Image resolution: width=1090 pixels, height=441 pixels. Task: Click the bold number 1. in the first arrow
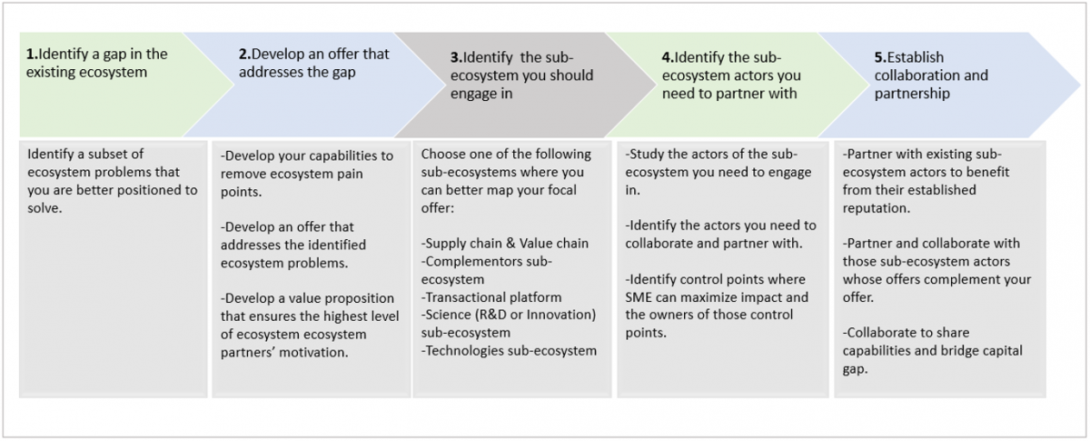click(32, 54)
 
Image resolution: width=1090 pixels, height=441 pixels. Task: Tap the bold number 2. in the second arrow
click(244, 54)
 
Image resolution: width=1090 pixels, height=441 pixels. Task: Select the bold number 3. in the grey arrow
click(456, 57)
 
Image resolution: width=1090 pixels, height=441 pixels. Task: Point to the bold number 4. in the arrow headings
click(669, 57)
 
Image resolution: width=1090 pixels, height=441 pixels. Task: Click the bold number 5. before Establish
click(881, 57)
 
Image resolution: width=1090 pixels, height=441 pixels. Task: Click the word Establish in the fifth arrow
click(916, 57)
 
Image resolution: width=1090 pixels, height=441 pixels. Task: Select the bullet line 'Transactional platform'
click(491, 297)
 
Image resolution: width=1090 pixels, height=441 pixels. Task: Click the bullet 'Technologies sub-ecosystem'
click(509, 351)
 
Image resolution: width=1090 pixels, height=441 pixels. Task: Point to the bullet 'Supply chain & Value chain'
click(505, 243)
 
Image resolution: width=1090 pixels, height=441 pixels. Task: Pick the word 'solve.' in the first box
click(45, 208)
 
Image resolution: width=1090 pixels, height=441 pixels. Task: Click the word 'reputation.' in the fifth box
click(877, 208)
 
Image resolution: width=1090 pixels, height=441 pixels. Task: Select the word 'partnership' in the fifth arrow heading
click(912, 94)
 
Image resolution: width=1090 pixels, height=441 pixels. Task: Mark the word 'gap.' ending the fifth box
click(855, 369)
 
